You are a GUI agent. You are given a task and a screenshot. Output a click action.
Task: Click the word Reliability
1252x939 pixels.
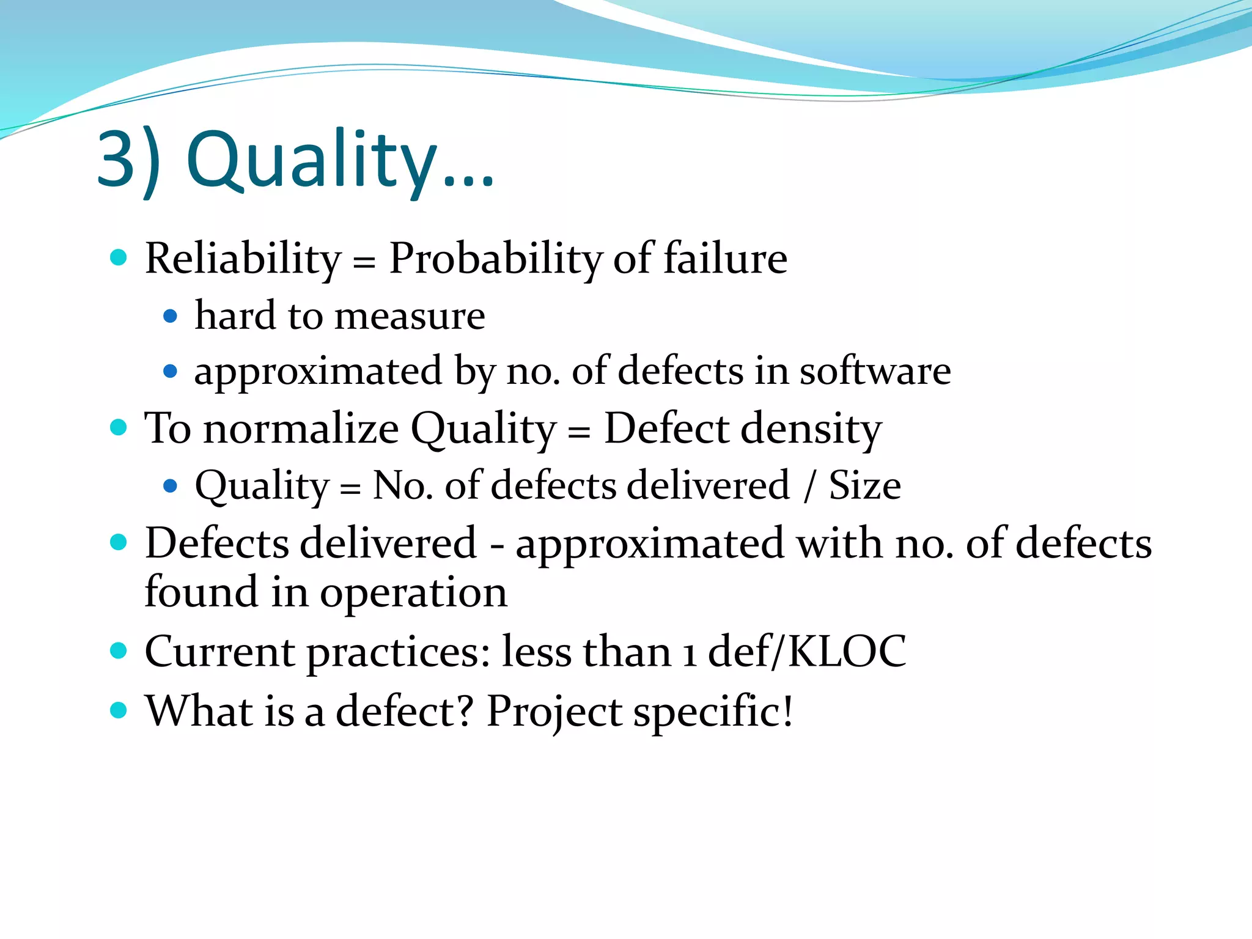[243, 259]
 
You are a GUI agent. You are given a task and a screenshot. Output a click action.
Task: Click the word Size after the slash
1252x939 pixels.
[864, 485]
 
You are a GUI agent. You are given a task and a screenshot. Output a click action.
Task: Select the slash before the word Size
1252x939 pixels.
[809, 487]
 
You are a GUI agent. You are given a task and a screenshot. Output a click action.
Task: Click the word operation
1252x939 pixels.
[413, 593]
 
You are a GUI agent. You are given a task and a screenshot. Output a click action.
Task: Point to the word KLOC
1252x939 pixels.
[847, 651]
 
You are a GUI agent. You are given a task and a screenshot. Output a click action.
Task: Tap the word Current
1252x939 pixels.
[219, 651]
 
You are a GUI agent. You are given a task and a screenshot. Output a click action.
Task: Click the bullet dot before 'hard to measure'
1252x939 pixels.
[171, 317]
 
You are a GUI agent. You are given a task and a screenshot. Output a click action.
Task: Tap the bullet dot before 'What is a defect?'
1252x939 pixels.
[118, 710]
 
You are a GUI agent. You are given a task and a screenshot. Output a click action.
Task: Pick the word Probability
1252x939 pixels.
[495, 259]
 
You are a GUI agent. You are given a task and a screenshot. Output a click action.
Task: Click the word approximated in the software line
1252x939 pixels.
[318, 372]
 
